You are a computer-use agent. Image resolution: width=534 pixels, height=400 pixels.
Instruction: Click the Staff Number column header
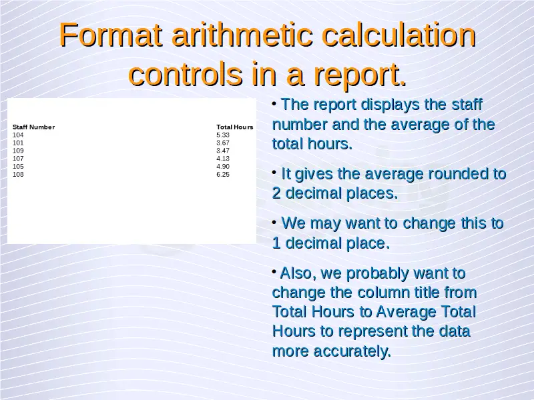point(34,127)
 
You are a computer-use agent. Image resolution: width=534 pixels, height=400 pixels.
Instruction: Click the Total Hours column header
point(235,127)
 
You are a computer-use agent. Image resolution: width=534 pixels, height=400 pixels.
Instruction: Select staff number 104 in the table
point(18,135)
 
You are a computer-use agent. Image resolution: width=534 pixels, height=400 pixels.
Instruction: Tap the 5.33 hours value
point(223,135)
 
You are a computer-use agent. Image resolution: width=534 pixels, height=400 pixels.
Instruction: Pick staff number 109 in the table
point(18,151)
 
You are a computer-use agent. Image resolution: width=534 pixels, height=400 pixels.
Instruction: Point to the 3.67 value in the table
point(223,143)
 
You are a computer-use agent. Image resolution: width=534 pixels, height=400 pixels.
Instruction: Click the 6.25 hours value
point(223,175)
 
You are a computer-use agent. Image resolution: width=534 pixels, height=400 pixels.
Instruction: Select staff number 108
point(18,175)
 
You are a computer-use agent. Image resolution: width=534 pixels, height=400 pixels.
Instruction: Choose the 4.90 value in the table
point(223,167)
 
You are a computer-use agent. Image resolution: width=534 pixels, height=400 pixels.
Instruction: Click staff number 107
point(18,159)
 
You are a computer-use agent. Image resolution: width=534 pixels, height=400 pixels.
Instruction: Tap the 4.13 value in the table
point(223,159)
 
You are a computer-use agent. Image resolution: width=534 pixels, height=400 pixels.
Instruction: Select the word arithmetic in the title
point(242,35)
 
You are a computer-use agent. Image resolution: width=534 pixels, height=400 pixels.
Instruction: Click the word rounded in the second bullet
point(459,174)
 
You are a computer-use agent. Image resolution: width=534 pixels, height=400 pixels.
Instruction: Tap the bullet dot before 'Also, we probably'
point(274,271)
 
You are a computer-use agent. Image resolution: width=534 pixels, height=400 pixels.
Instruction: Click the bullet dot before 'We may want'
point(274,222)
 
